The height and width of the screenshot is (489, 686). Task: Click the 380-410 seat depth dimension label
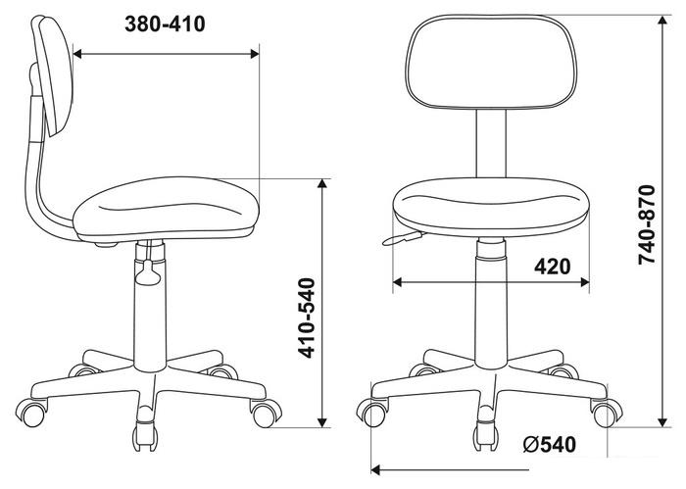click(165, 24)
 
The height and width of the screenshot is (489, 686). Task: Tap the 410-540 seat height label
click(306, 318)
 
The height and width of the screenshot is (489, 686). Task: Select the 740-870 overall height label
click(648, 224)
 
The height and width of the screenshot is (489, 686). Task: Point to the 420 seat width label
click(552, 267)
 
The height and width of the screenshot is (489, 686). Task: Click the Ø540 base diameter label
click(550, 444)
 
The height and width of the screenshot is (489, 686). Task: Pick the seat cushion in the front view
click(491, 207)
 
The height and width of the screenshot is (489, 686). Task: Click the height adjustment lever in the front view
click(403, 239)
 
